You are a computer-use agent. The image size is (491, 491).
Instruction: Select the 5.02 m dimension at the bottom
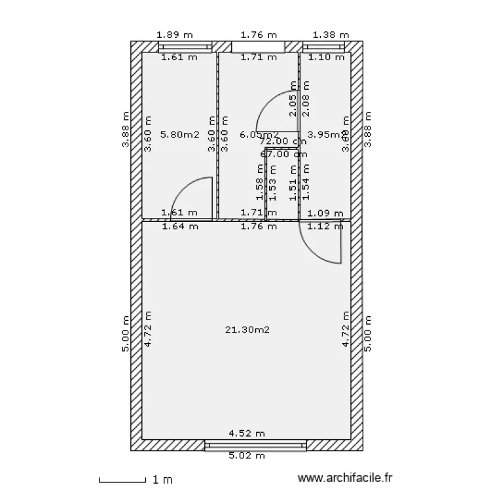[x=246, y=456]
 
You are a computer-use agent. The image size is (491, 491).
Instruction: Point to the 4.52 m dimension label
[x=246, y=433]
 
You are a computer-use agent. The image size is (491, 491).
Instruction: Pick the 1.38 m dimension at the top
[x=331, y=35]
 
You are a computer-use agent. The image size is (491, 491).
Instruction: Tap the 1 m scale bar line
[x=122, y=481]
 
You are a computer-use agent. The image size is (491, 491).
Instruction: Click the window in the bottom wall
[x=255, y=446]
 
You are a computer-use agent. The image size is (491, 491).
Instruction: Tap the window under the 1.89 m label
[x=185, y=46]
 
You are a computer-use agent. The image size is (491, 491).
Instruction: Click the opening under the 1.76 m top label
[x=258, y=46]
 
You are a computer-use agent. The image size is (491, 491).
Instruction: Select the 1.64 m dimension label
[x=180, y=227]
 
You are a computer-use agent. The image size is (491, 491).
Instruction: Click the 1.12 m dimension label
[x=325, y=227]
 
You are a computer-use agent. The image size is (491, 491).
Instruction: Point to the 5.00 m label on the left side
[x=125, y=334]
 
